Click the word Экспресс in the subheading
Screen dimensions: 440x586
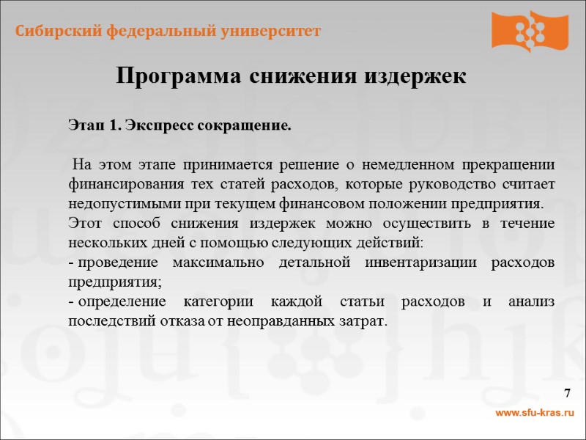click(155, 125)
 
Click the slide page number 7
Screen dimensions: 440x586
click(566, 395)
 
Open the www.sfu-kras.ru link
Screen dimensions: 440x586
click(535, 414)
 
